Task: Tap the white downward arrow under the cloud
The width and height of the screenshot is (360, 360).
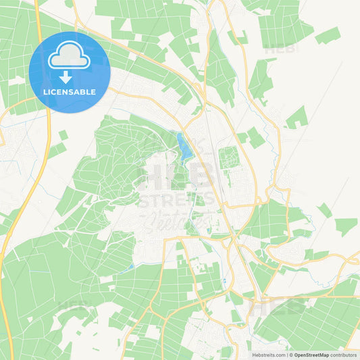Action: point(66,76)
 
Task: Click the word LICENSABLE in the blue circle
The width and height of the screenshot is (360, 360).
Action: point(70,92)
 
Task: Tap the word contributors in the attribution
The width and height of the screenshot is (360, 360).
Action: point(344,354)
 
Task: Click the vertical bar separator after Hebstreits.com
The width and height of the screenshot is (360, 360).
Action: point(287,354)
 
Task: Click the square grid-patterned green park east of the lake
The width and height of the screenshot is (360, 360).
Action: point(229,159)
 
